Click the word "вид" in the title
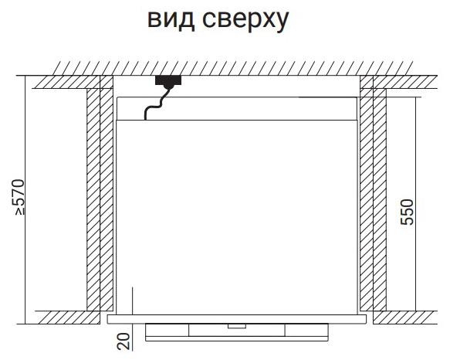(171, 19)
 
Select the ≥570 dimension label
(20, 197)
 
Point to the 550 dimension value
(408, 212)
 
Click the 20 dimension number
(123, 341)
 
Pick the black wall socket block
(168, 81)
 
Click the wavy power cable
(157, 104)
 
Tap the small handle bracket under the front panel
(237, 326)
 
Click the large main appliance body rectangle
(237, 217)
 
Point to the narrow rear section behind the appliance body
(237, 108)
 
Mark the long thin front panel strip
(237, 319)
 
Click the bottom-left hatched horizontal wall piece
(68, 318)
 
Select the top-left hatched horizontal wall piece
(73, 82)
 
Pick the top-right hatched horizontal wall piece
(399, 82)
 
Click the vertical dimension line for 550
(415, 204)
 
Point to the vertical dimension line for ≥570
(25, 199)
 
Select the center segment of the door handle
(237, 330)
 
